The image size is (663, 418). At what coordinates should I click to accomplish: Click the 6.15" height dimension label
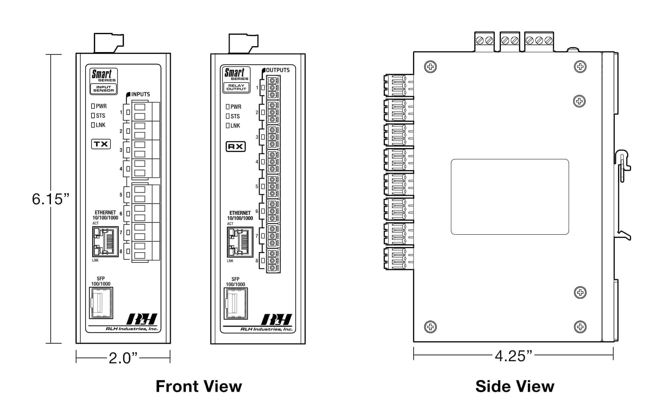coord(50,199)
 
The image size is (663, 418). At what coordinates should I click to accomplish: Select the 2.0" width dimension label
coord(123,358)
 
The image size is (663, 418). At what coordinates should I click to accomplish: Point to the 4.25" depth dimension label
coord(513,356)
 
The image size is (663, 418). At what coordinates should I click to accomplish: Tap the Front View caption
coord(199,387)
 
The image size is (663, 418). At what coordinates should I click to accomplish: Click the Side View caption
coord(515,387)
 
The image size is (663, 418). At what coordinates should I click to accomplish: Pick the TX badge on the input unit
coord(101,144)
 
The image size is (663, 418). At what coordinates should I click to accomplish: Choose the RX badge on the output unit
coord(236,147)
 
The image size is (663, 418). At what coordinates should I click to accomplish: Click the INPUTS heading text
coord(141,94)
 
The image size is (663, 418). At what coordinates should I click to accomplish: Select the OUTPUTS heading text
coord(278,70)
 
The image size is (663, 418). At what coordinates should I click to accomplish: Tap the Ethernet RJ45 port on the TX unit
coord(105,242)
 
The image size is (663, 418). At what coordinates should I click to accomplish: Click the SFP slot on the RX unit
coord(235,303)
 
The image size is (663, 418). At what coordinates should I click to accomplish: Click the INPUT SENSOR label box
coord(104,89)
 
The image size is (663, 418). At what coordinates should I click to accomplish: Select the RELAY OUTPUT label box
coord(236,88)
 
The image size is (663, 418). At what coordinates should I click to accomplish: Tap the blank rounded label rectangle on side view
coord(510,197)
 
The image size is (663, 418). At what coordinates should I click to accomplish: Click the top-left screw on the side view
coord(430,67)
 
